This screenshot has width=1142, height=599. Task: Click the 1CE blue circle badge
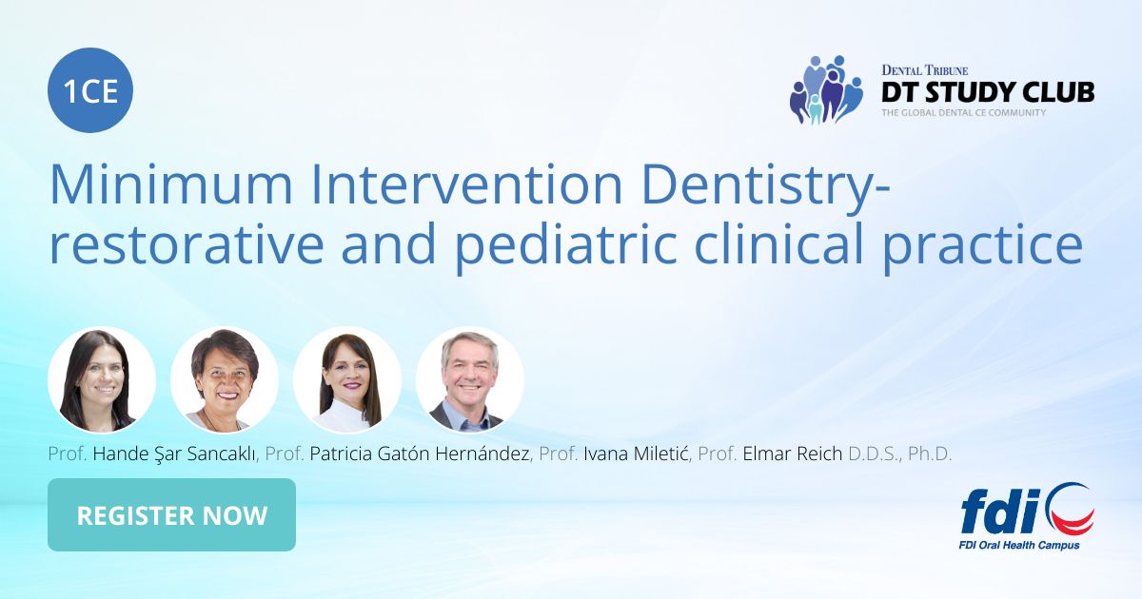coord(90,91)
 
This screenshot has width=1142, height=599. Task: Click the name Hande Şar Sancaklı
coord(174,454)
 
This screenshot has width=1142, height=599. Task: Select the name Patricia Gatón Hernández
coord(420,454)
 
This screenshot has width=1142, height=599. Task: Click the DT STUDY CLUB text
coord(987,92)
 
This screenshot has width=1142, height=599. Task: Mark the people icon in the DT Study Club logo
coord(824,90)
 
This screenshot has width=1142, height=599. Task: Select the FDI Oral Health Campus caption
coord(1018,546)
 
